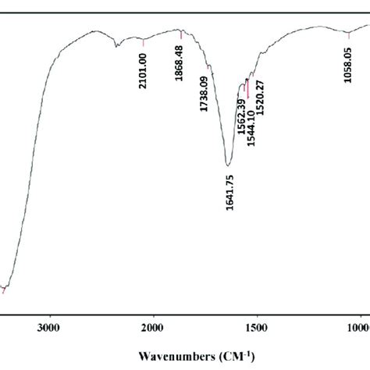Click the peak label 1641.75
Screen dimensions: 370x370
229,192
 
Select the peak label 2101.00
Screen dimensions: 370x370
144,69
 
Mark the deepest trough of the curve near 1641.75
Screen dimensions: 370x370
228,165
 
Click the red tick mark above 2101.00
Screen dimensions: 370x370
144,41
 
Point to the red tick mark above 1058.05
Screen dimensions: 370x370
348,34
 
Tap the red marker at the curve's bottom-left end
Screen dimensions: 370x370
5,290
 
